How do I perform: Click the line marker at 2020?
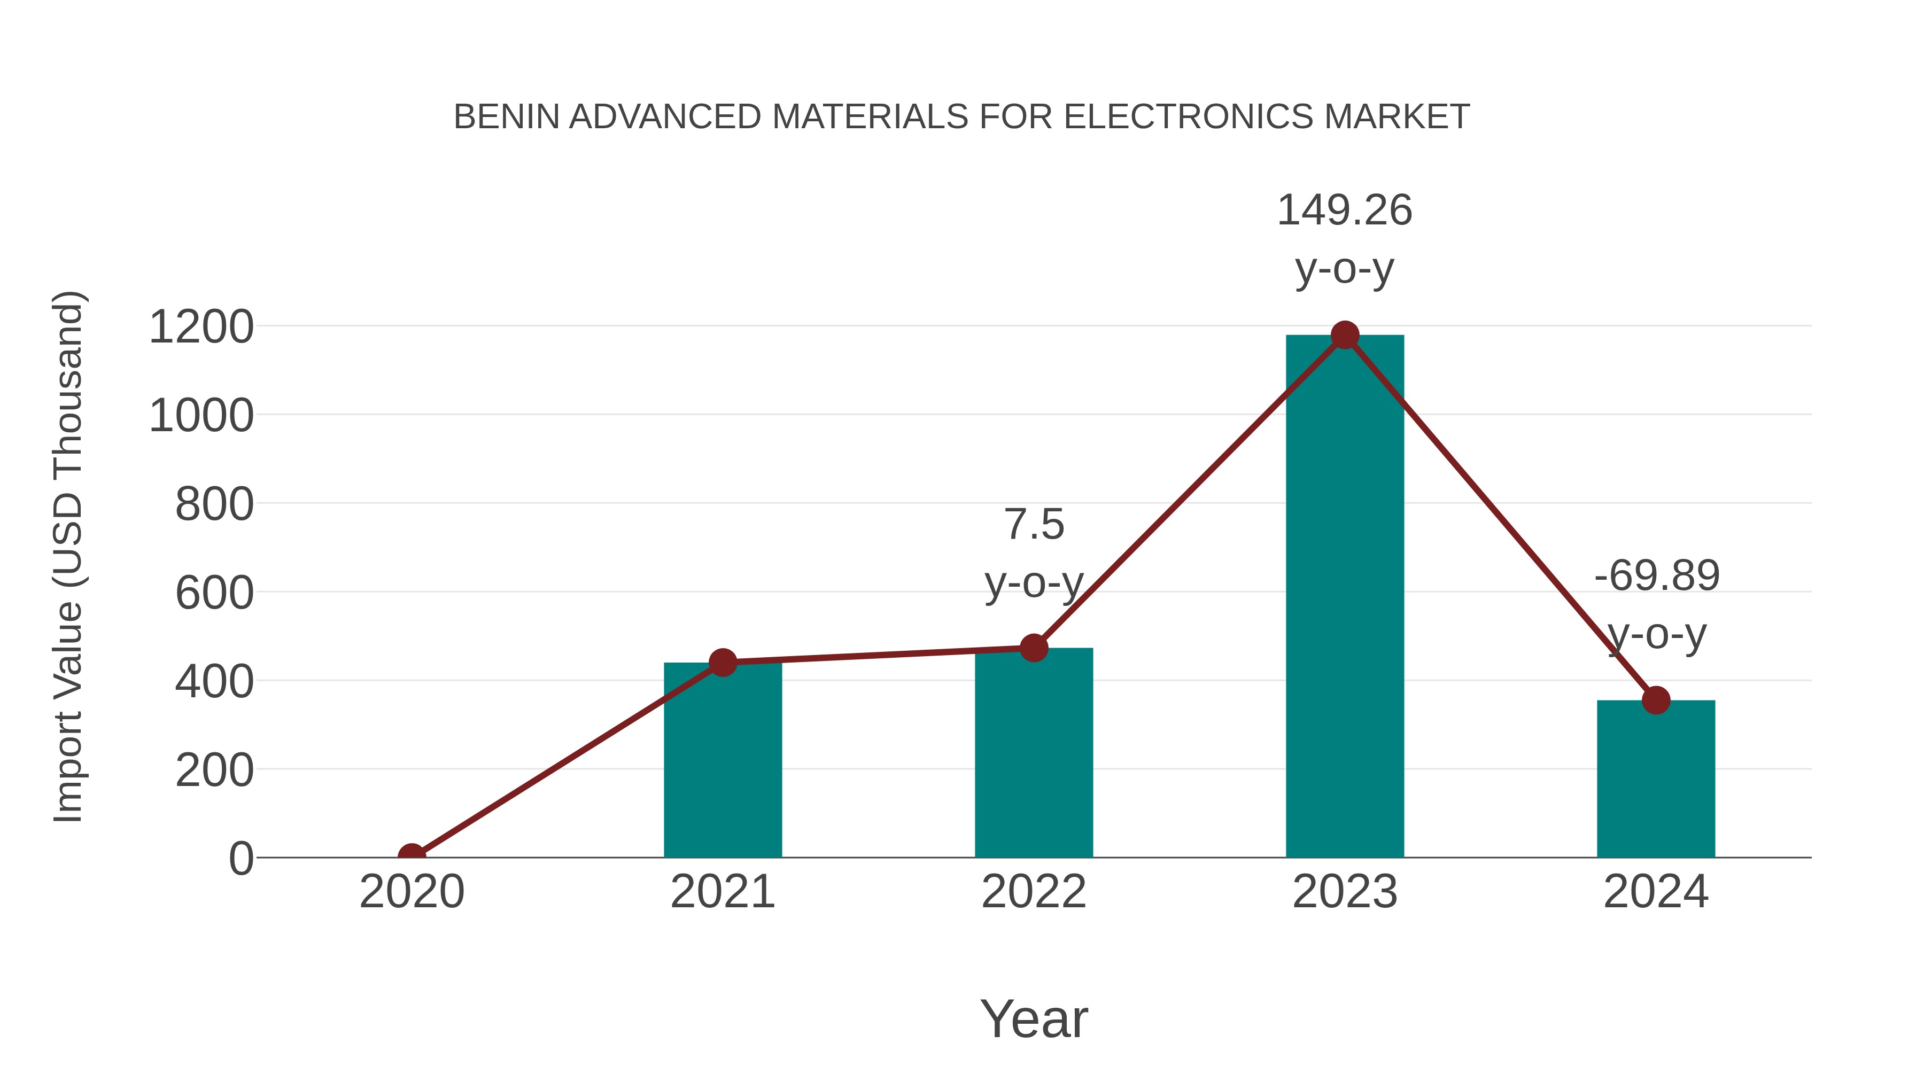pyautogui.click(x=412, y=856)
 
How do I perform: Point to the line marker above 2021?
pyautogui.click(x=722, y=663)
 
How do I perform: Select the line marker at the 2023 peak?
pyautogui.click(x=1345, y=335)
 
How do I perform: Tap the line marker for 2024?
pyautogui.click(x=1656, y=700)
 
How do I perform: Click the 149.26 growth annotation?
pyautogui.click(x=1345, y=211)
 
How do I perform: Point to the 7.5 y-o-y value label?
pyautogui.click(x=1034, y=524)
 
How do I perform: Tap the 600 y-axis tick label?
pyautogui.click(x=214, y=594)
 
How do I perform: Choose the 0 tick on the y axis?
pyautogui.click(x=241, y=859)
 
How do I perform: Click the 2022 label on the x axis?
pyautogui.click(x=1034, y=892)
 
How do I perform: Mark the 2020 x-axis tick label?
pyautogui.click(x=412, y=892)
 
